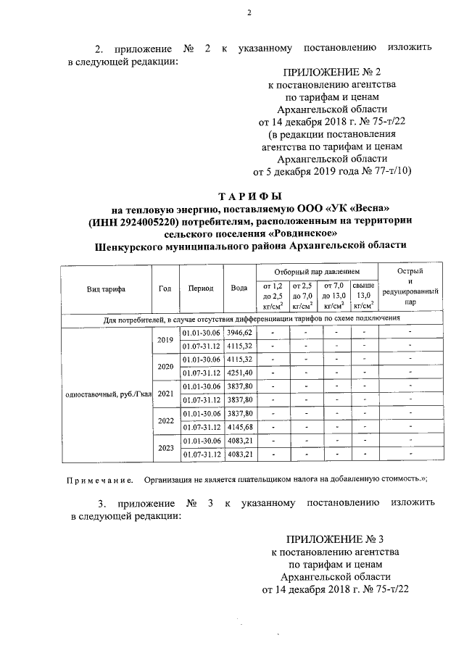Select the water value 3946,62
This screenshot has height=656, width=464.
239,332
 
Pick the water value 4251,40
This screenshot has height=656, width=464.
239,373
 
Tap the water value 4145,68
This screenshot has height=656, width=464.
239,427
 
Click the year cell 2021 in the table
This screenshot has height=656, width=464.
165,394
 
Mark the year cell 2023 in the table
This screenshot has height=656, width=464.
165,448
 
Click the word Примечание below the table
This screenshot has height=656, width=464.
100,480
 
